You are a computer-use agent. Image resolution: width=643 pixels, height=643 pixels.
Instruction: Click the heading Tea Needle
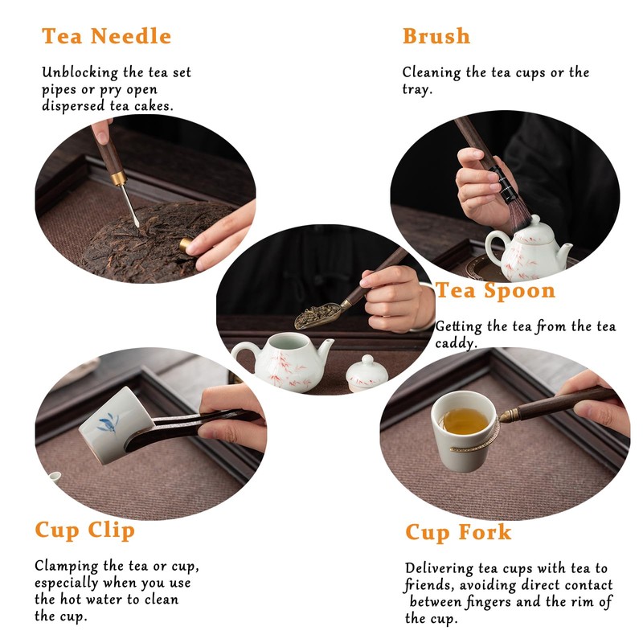106,36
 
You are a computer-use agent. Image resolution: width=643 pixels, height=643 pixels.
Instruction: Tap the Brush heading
436,36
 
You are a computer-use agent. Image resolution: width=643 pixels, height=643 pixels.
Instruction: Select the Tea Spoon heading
495,290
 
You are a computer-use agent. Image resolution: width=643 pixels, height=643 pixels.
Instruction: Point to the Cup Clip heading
85,530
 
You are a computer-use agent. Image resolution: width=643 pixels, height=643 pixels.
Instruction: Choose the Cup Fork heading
458,532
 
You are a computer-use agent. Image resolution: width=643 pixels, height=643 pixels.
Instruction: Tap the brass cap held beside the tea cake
186,244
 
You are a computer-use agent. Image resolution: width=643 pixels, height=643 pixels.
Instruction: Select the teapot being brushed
528,251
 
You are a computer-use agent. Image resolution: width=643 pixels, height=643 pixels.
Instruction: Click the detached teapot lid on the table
367,373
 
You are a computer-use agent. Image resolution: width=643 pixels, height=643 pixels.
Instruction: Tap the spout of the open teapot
326,349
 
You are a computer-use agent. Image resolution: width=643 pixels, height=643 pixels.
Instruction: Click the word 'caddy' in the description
456,343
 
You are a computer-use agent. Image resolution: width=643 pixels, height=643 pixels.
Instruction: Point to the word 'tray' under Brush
417,89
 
